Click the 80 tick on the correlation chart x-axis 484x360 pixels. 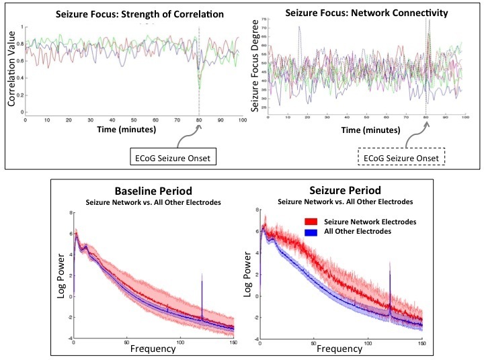click(x=198, y=121)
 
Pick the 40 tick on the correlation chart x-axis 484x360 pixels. click(x=112, y=121)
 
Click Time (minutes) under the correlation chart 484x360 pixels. click(x=125, y=130)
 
